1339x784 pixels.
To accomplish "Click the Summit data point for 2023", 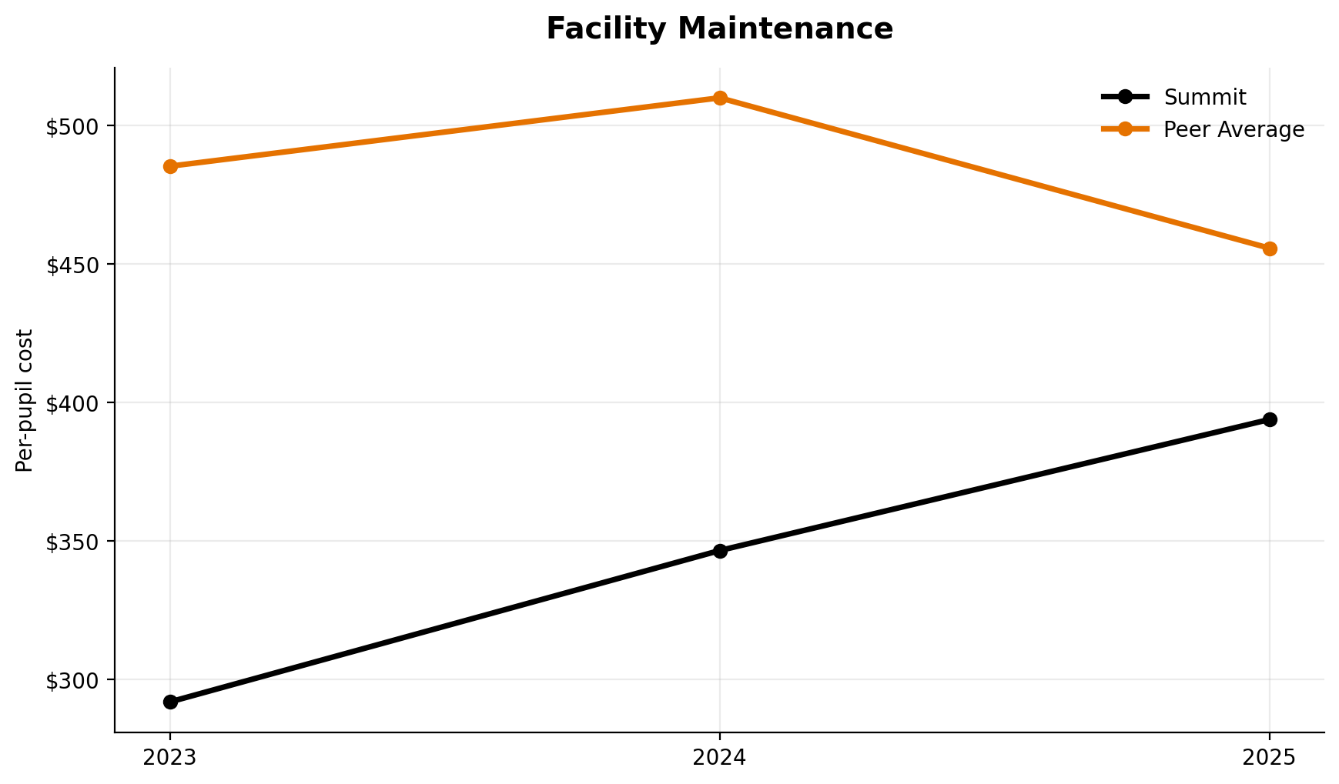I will tap(170, 702).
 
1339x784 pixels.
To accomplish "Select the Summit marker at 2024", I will tap(720, 551).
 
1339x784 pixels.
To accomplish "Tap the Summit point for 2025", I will tap(1270, 419).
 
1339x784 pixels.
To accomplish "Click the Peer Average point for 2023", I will tap(170, 166).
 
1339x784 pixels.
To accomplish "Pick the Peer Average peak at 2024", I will tap(720, 98).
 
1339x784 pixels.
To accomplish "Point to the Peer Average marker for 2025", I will tap(1270, 249).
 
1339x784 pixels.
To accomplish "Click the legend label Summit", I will tap(1204, 98).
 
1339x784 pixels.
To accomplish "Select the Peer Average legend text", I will tap(1234, 130).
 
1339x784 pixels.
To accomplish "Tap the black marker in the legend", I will tap(1125, 97).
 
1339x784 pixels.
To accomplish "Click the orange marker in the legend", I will tap(1125, 129).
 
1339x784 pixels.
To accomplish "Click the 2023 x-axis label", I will tap(170, 759).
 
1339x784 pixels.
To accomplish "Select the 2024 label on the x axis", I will tap(720, 759).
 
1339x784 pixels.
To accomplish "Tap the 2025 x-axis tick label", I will tap(1270, 759).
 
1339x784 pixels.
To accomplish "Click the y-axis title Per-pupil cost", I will tap(25, 400).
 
